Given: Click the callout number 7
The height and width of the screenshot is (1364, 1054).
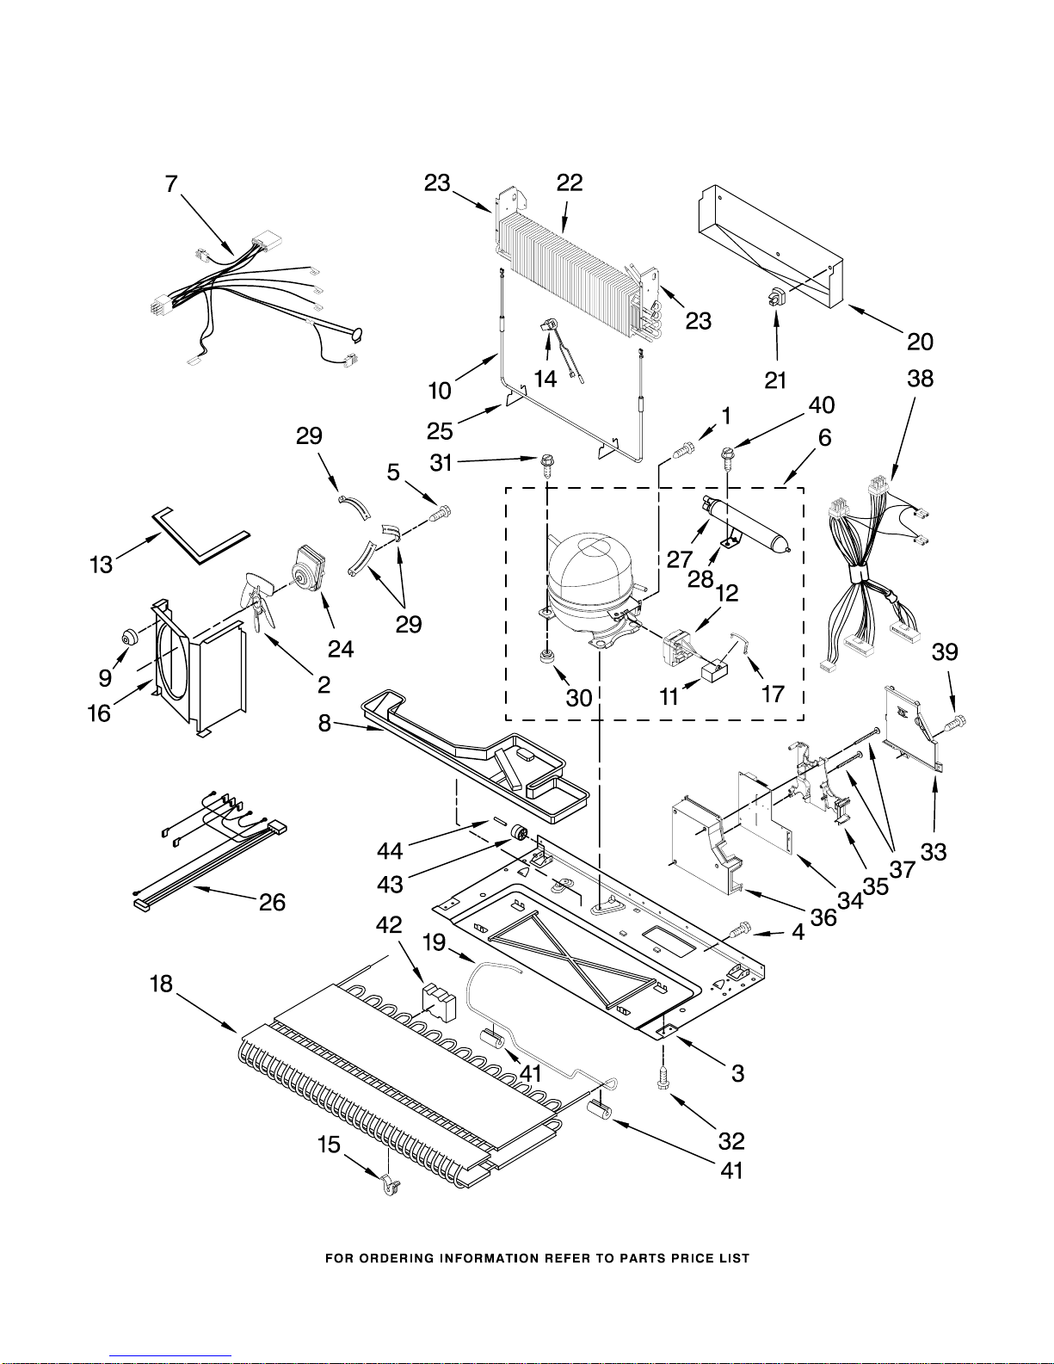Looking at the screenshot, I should pyautogui.click(x=172, y=183).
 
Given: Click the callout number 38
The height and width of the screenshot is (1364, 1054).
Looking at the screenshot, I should pyautogui.click(x=920, y=379).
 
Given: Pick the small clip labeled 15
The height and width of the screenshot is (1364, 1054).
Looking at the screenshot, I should pyautogui.click(x=388, y=1187).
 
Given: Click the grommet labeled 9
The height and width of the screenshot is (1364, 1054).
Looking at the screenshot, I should pyautogui.click(x=130, y=638).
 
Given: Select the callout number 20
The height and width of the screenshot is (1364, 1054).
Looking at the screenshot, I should pyautogui.click(x=920, y=342).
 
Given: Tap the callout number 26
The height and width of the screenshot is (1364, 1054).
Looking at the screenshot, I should pyautogui.click(x=272, y=902).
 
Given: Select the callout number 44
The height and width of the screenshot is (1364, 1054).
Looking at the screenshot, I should pyautogui.click(x=390, y=851).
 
